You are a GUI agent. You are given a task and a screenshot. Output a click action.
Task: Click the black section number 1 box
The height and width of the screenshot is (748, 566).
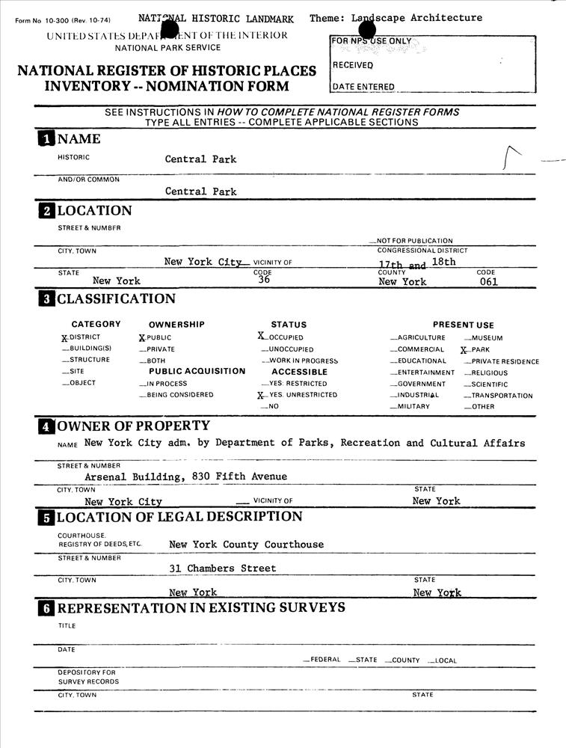tap(46, 138)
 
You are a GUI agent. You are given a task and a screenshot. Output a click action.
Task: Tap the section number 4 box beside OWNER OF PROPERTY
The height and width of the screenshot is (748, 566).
tap(46, 426)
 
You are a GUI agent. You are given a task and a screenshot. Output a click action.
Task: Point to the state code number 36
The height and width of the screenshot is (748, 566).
tap(263, 280)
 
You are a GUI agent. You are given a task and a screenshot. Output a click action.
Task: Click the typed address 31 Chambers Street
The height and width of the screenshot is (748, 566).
tap(222, 568)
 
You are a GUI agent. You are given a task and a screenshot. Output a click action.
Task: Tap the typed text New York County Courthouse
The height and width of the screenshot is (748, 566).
tap(246, 545)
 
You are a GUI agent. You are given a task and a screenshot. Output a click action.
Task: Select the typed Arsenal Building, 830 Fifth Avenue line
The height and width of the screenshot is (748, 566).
tap(185, 476)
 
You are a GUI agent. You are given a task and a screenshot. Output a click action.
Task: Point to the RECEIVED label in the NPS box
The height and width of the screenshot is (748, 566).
tap(353, 65)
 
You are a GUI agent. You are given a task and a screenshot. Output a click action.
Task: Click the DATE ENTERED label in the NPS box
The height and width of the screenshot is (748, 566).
tap(363, 87)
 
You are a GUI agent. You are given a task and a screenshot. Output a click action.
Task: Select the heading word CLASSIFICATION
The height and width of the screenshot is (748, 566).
tap(116, 299)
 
